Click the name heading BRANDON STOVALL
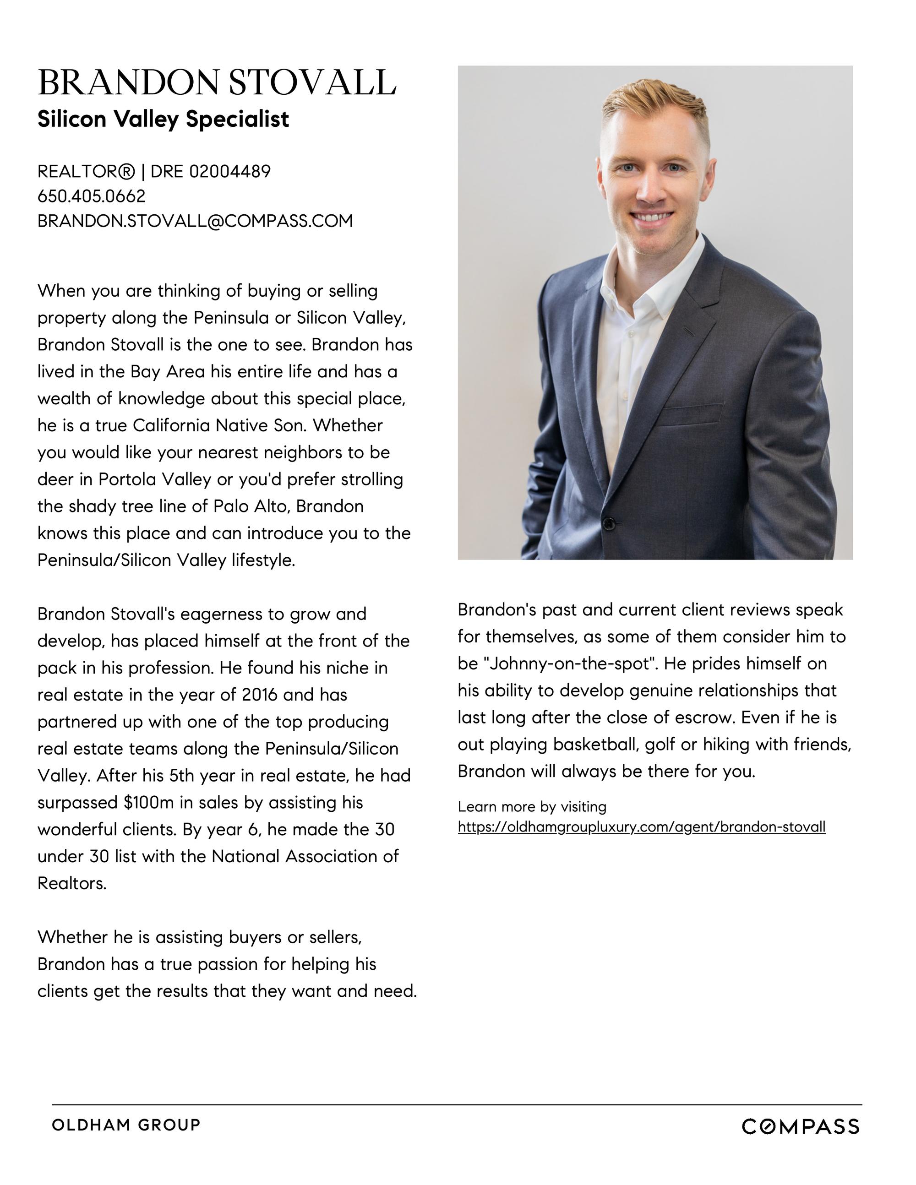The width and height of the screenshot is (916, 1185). click(x=217, y=83)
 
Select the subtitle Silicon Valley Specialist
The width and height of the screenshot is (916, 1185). click(x=163, y=120)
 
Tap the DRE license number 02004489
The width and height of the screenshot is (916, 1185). click(x=229, y=171)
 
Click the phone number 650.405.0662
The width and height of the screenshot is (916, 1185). click(x=91, y=196)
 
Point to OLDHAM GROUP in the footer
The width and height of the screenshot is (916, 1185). click(x=126, y=1125)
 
